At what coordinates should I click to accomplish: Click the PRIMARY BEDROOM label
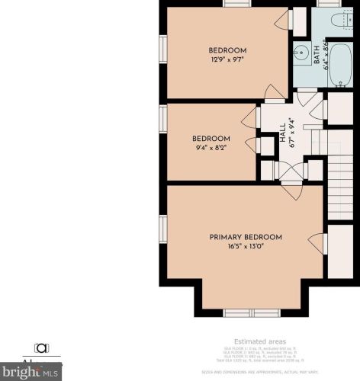click(246, 237)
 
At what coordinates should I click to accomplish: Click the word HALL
click(281, 130)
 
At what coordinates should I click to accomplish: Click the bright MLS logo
click(31, 373)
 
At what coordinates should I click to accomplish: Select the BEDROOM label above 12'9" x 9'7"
click(227, 51)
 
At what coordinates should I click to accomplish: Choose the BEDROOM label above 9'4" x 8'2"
click(211, 139)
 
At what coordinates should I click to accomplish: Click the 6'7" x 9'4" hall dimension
click(291, 130)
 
